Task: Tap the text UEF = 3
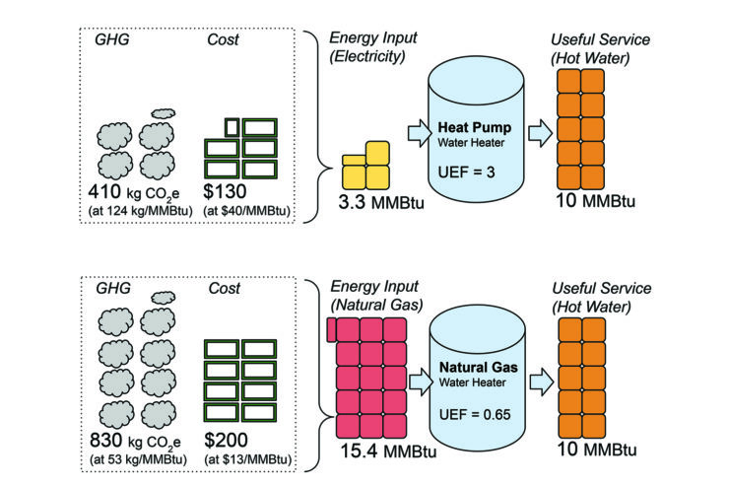pyautogui.click(x=466, y=174)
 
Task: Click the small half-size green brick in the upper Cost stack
pyautogui.click(x=232, y=126)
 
